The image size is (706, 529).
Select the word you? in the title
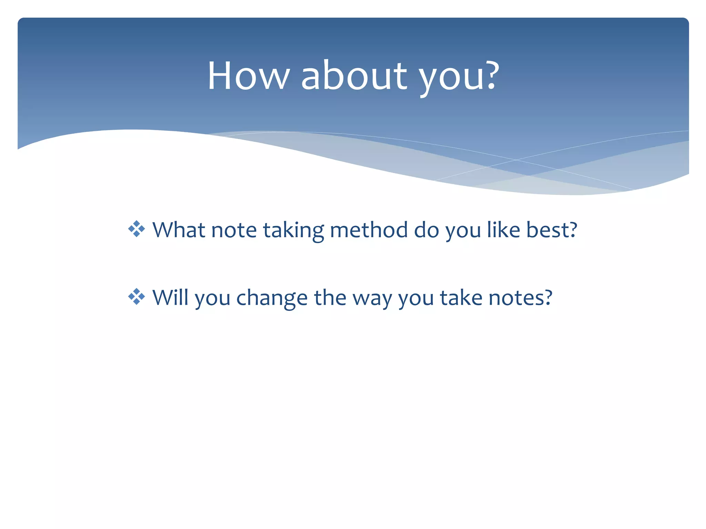[458, 77]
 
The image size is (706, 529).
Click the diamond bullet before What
[137, 229]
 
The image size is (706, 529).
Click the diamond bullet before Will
[137, 297]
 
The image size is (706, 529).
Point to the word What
[179, 230]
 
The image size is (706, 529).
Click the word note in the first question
[234, 230]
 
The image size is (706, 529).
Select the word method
[369, 230]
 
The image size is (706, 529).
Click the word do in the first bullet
[426, 230]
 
